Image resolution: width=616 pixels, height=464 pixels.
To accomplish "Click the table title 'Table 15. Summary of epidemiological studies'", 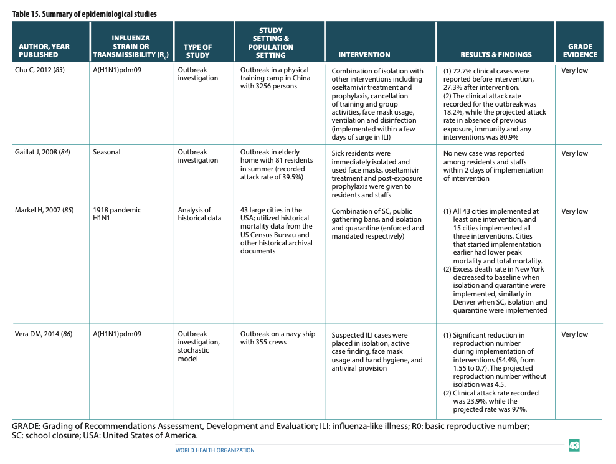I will (85, 14).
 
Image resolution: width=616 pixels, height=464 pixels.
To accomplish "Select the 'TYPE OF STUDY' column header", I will (197, 50).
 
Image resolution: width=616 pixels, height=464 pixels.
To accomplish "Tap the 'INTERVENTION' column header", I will (364, 55).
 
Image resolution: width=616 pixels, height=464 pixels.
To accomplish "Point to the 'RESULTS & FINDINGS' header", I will (496, 55).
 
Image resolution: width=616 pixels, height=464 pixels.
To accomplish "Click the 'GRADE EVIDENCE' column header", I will (579, 50).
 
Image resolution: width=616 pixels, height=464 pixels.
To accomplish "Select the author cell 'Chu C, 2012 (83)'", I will (40, 70).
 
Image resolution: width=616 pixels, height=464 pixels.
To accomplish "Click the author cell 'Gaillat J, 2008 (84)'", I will (44, 153).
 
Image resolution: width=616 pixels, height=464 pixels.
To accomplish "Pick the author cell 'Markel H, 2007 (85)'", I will (44, 211).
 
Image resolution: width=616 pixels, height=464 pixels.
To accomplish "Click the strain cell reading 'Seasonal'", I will (107, 153).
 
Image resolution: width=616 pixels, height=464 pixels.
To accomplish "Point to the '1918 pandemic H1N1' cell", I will (117, 214).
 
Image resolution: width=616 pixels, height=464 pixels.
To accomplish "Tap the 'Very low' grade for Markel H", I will (574, 211).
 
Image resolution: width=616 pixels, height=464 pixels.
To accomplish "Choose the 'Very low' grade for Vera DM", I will (574, 334).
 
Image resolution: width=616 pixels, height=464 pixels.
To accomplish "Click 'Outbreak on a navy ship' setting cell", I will (278, 338).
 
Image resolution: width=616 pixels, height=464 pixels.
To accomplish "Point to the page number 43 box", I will (574, 445).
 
